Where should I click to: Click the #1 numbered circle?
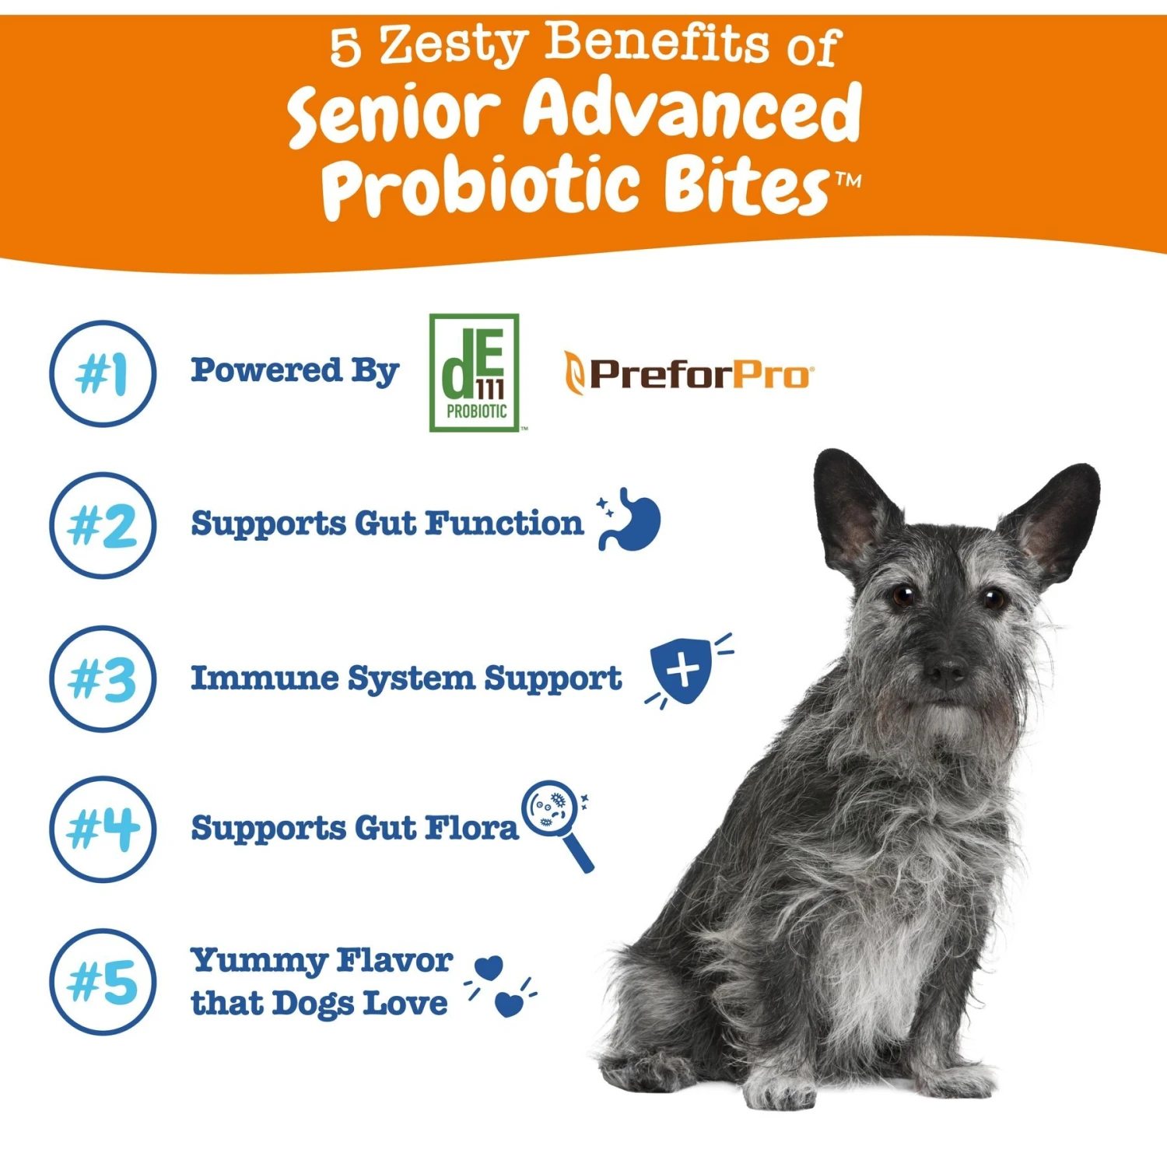pos(103,373)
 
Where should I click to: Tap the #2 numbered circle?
pos(103,526)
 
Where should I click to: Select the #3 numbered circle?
pos(103,678)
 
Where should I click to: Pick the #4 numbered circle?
pos(103,829)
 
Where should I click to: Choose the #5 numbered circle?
pos(103,981)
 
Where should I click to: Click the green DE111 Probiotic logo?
pos(475,372)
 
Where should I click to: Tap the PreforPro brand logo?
pos(689,374)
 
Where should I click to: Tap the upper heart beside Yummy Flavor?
pos(489,969)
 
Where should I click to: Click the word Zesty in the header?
pos(453,45)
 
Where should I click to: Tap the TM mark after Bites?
pos(849,180)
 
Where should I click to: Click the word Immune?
pos(265,678)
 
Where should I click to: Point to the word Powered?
pos(266,370)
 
